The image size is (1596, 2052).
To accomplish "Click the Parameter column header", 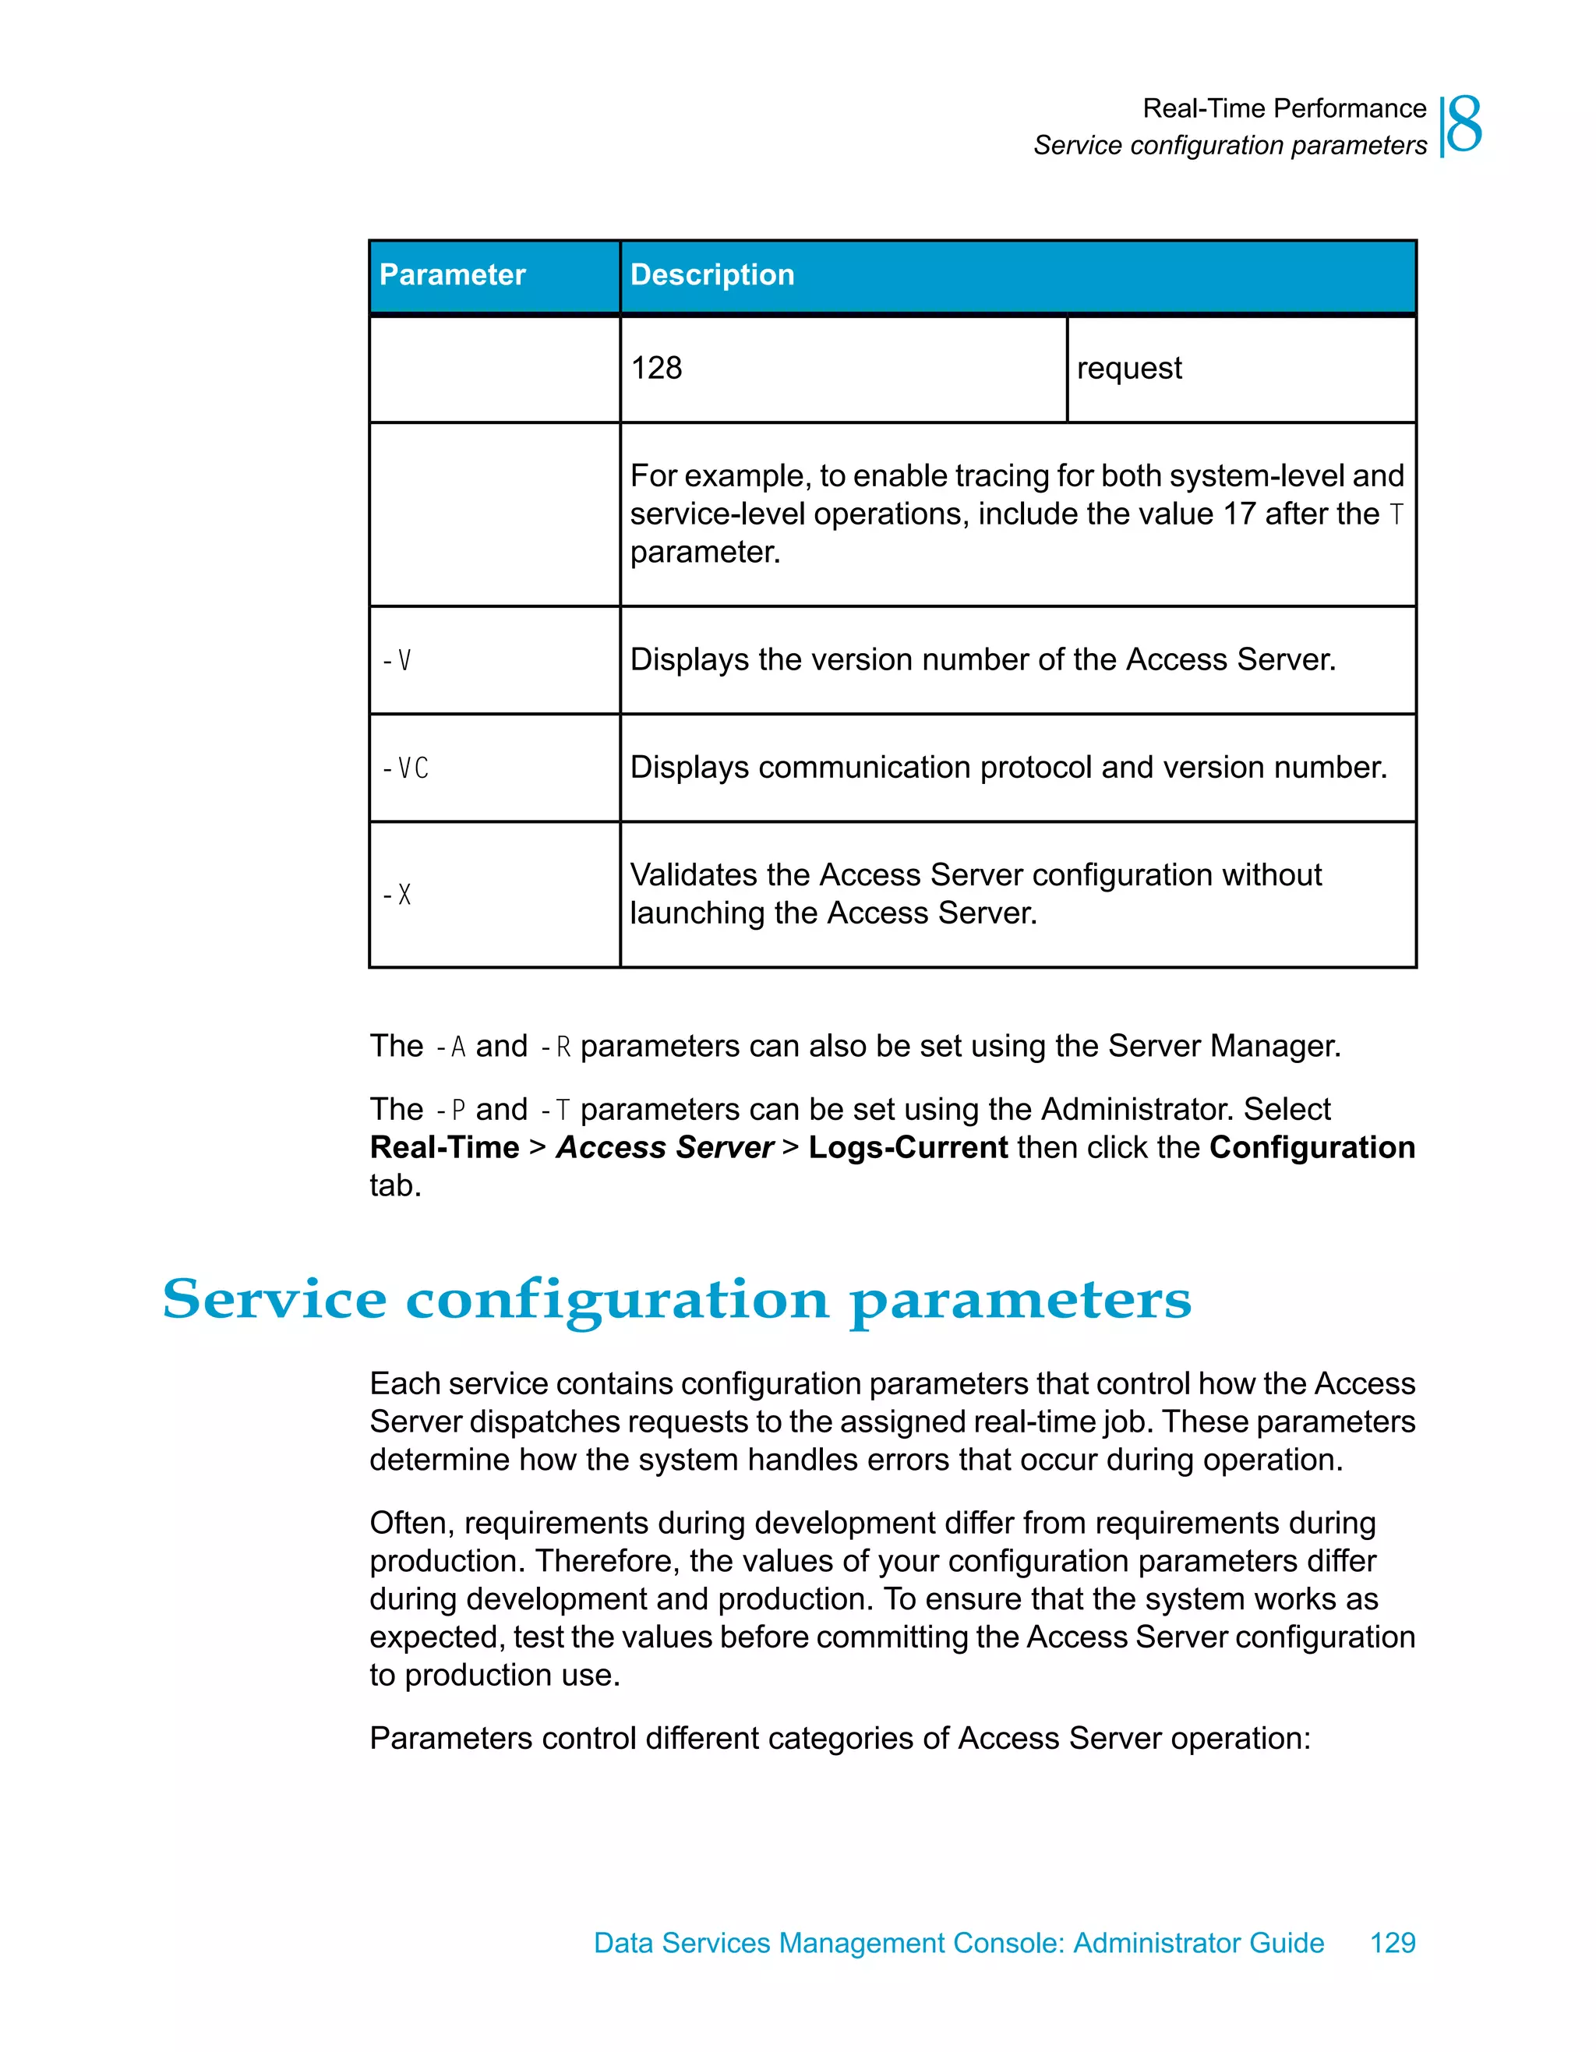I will click(x=452, y=274).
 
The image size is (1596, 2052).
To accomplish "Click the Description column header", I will click(x=712, y=274).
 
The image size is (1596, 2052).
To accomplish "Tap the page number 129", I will click(x=1392, y=1942).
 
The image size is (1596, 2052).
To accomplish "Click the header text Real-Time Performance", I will click(x=1284, y=108).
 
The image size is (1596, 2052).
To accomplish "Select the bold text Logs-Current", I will click(x=907, y=1147).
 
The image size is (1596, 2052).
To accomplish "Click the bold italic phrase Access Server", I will click(x=664, y=1147).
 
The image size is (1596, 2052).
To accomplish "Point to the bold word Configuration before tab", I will click(x=1312, y=1147).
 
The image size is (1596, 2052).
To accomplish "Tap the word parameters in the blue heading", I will click(x=1020, y=1301).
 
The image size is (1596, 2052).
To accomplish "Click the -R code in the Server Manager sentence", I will click(x=556, y=1047).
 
